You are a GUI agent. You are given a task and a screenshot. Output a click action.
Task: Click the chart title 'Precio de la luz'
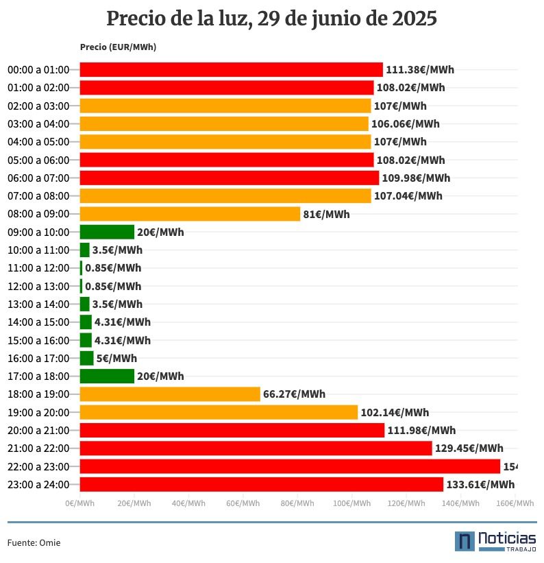point(272,19)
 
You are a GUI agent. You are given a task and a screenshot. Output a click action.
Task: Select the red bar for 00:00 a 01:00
point(231,69)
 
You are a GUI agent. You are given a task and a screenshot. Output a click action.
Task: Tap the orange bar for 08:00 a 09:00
point(190,214)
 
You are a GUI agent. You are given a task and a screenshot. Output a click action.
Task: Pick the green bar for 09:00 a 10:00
point(107,232)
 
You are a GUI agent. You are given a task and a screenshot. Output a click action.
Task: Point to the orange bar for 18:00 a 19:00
point(170,394)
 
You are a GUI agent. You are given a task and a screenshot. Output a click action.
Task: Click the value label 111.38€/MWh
point(420,69)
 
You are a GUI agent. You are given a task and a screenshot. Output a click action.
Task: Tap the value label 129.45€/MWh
point(469,448)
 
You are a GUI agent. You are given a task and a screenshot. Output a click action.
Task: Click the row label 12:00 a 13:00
point(38,286)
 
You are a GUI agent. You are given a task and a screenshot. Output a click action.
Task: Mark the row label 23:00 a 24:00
point(38,485)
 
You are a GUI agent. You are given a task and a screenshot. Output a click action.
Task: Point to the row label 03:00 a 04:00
point(38,124)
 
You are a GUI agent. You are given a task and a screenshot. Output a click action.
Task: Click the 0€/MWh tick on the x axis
point(80,503)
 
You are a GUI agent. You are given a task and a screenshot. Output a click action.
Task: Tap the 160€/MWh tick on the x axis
point(515,503)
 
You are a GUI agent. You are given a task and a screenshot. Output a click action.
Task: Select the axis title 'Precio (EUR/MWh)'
point(118,47)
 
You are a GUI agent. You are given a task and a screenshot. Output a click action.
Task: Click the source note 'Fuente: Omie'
point(34,542)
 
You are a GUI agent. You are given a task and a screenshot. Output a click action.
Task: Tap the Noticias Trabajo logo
point(495,541)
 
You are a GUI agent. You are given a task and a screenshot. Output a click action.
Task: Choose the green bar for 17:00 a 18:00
point(107,376)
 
